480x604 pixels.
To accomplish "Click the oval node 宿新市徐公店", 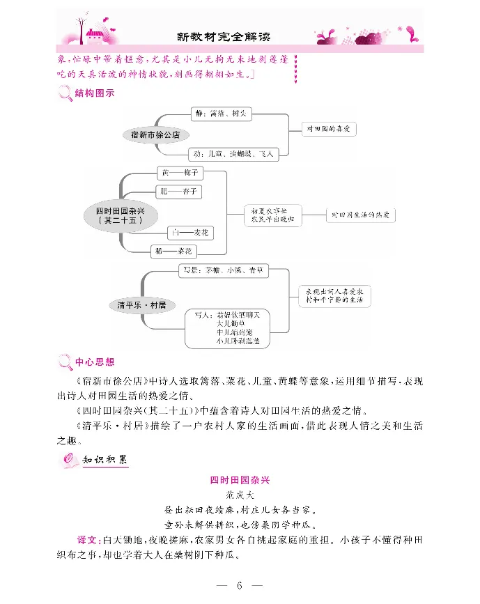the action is coord(155,134).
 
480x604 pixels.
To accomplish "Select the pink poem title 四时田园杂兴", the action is coord(239,480).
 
